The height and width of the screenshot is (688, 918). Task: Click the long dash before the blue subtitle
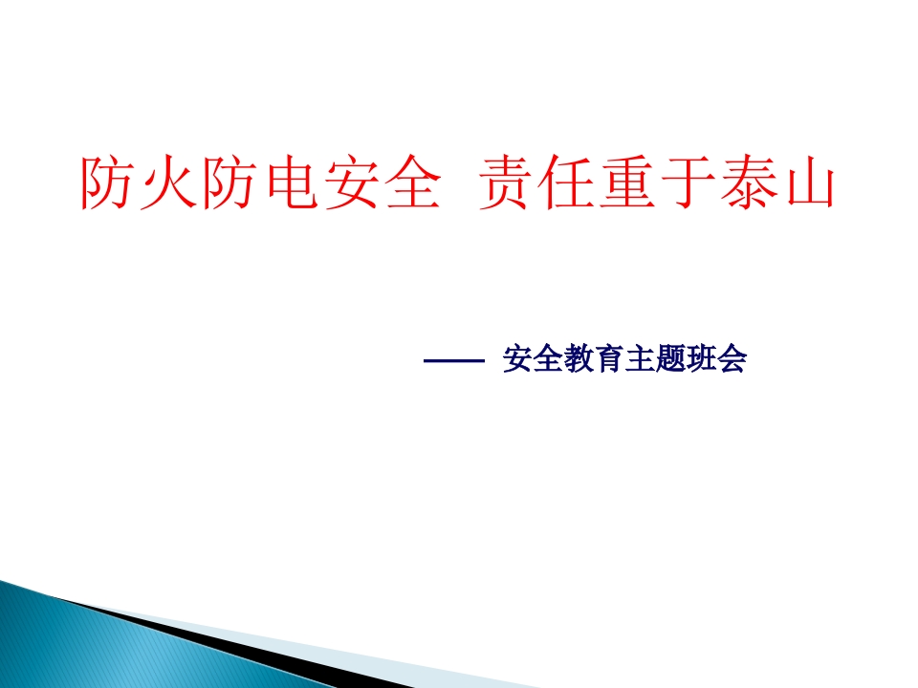454,361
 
